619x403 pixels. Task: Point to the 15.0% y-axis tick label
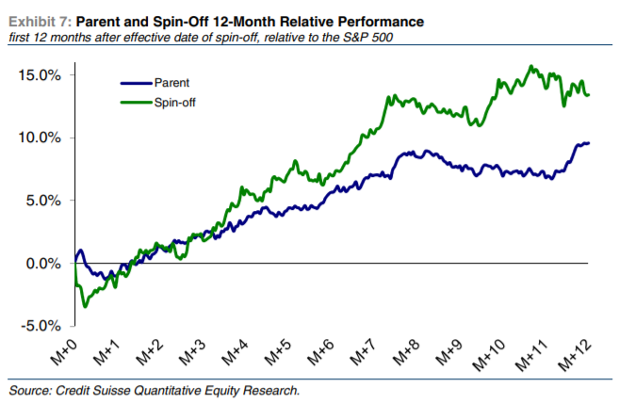[x=42, y=74]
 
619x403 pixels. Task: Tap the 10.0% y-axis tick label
[x=42, y=137]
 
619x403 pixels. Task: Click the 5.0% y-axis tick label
[x=45, y=201]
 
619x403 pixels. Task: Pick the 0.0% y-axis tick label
[x=45, y=264]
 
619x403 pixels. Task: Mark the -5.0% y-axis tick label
[x=43, y=326]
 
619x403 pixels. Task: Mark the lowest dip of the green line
[x=86, y=305]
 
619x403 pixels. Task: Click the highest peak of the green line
[x=532, y=66]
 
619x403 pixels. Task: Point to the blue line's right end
[x=589, y=143]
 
